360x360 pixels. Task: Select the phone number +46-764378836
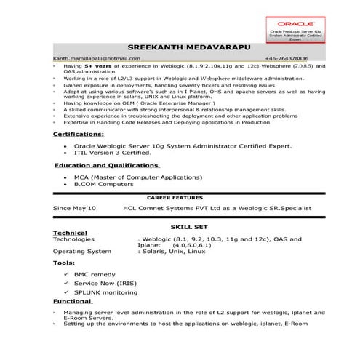286,57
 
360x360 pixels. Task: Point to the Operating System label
82,251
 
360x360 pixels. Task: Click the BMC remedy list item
94,274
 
